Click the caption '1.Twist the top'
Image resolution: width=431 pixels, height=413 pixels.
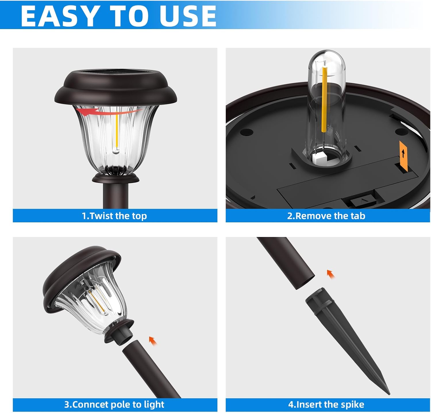114,216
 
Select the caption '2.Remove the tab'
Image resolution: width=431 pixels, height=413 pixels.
326,216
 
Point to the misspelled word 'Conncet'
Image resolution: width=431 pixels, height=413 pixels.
90,404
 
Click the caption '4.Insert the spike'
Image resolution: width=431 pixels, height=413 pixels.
326,404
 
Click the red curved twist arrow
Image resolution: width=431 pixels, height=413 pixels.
112,112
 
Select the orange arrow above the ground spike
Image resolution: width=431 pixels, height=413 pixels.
331,274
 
